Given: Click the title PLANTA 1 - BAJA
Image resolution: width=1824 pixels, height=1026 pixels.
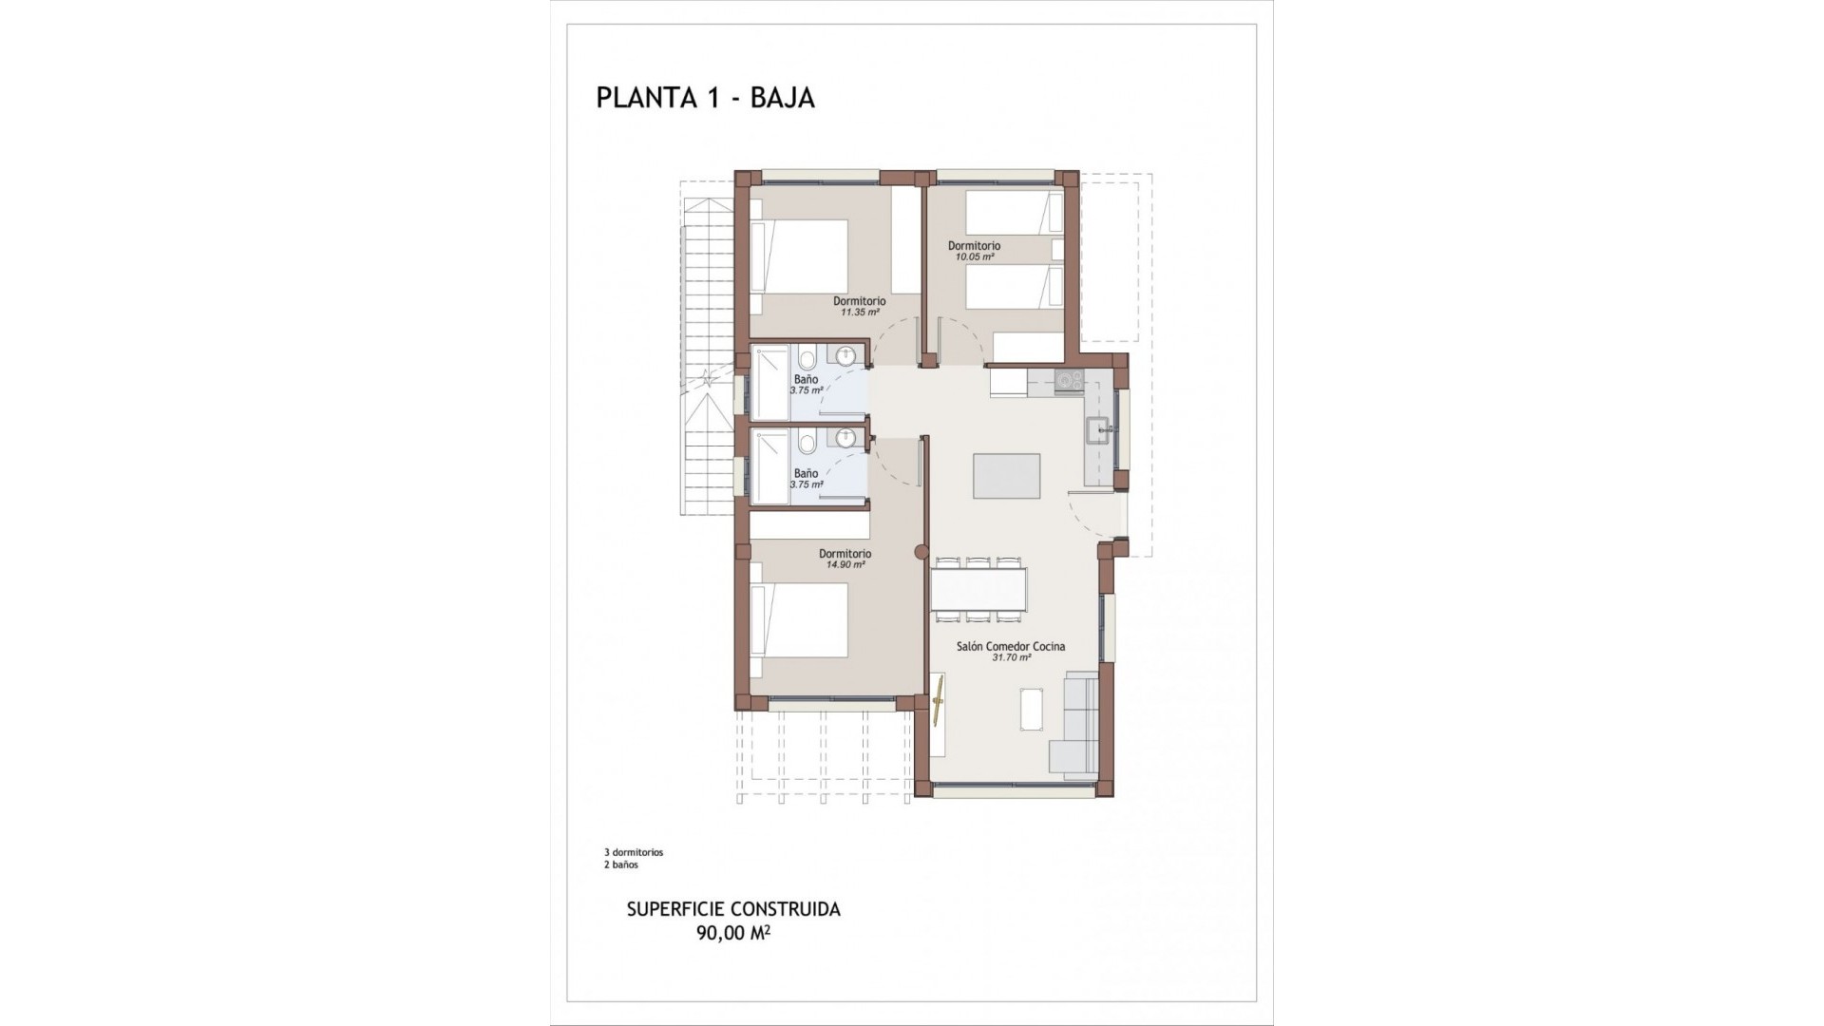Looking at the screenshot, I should (705, 98).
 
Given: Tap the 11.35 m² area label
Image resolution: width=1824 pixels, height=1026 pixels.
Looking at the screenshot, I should (859, 312).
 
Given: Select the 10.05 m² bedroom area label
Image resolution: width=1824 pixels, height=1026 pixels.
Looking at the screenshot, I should (974, 256).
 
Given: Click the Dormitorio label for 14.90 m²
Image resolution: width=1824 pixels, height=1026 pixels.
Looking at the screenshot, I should (845, 554).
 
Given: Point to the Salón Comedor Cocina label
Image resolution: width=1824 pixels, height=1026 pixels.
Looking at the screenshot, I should (1010, 646).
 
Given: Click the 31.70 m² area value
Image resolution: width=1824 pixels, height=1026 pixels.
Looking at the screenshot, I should (1011, 657).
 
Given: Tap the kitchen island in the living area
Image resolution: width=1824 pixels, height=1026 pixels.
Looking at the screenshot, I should (1006, 476).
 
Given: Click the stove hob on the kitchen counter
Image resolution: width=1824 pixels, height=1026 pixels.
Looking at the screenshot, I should (1070, 382).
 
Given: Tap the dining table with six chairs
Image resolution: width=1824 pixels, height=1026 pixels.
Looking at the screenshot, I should (978, 589).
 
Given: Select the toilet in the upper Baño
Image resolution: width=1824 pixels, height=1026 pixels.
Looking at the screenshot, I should (807, 360).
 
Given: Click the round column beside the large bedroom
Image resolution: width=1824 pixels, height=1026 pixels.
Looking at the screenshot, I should (920, 553).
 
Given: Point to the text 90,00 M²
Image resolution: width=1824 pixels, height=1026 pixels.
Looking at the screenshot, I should (732, 933).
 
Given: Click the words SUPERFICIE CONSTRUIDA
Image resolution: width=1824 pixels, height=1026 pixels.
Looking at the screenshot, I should (732, 909).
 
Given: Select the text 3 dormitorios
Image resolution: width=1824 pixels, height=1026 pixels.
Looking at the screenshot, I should (633, 852).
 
